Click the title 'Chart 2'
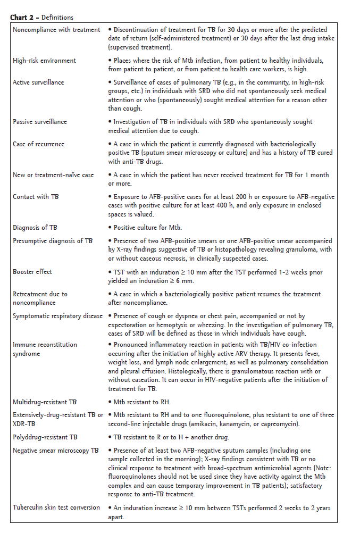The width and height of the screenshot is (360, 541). tap(22, 18)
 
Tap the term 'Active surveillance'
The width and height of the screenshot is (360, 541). tap(38, 82)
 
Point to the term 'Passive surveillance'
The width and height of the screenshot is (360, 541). tap(40, 122)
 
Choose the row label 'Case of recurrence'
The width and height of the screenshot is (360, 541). tap(38, 144)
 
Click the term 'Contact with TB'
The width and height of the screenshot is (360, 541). tap(36, 197)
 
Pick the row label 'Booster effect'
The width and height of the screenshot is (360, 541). tap(32, 272)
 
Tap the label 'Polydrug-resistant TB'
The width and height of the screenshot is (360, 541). tap(45, 437)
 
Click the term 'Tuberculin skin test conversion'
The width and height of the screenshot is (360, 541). tap(56, 507)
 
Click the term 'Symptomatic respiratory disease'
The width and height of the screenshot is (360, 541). tap(58, 316)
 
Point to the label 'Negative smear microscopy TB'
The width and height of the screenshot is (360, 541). tap(56, 451)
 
